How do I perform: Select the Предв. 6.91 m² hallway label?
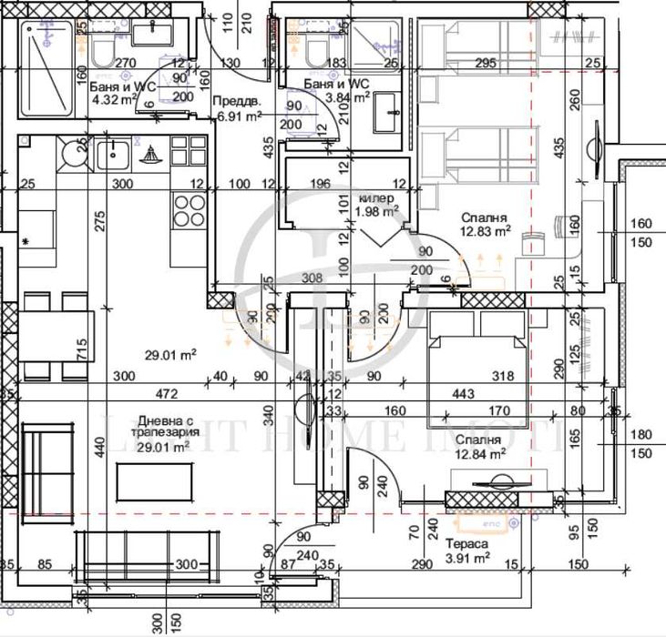click(x=238, y=109)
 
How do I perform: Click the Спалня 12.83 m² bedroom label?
click(x=486, y=224)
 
